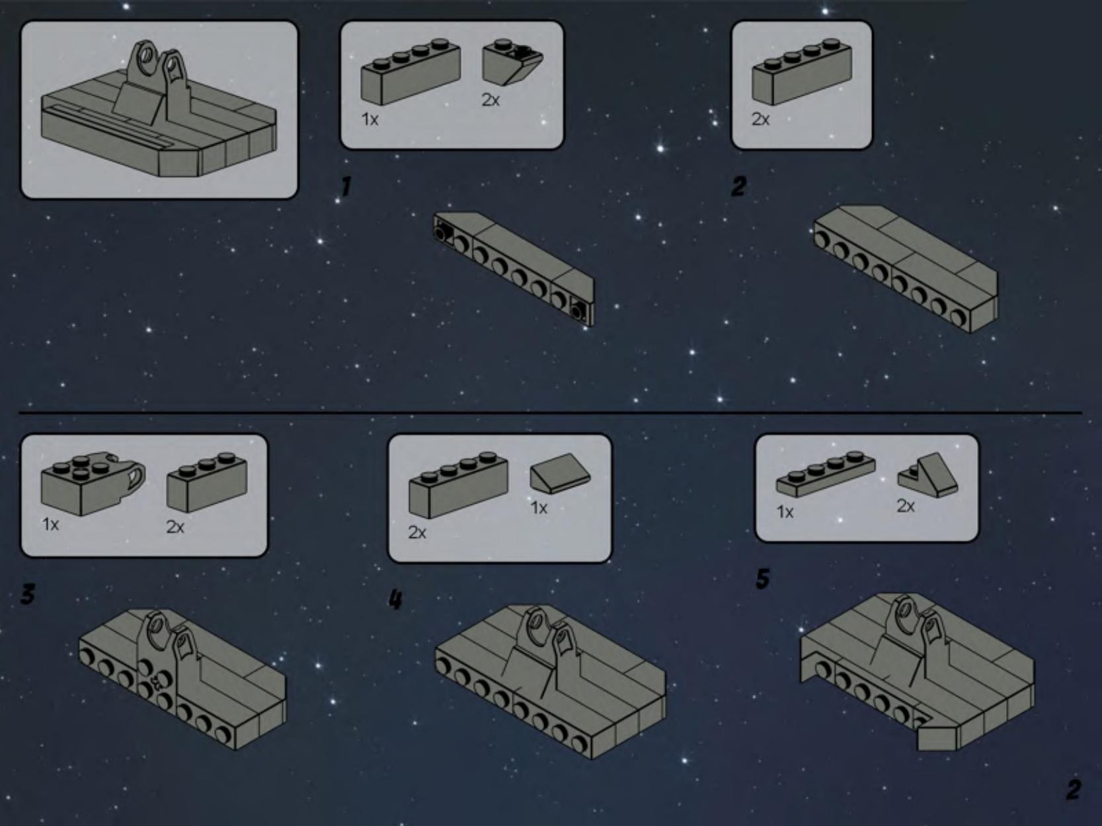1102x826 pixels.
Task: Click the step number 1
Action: click(x=346, y=186)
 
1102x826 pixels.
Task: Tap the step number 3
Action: click(x=28, y=595)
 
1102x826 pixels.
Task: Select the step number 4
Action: click(x=395, y=599)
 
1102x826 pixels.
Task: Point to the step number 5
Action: click(x=763, y=579)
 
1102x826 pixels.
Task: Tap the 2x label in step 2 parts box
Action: click(x=760, y=119)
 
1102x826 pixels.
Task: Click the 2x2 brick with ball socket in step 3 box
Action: click(x=93, y=484)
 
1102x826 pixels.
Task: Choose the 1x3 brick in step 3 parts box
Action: click(x=207, y=482)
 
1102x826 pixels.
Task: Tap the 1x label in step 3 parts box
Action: click(x=50, y=525)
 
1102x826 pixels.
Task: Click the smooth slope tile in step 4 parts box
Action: click(x=561, y=473)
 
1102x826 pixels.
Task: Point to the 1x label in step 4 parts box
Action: click(x=539, y=508)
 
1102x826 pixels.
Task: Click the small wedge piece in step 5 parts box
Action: click(x=927, y=474)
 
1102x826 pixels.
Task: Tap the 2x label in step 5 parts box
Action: click(x=906, y=506)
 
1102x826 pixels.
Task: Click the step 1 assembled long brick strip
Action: click(x=514, y=269)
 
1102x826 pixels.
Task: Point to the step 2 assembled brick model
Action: click(x=905, y=269)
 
